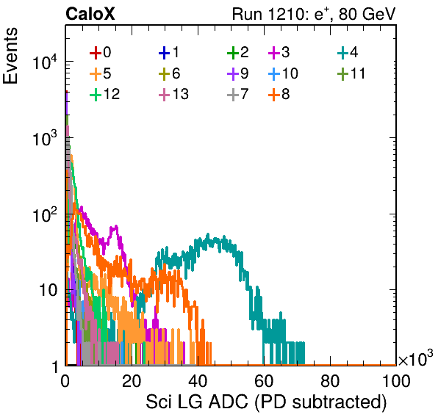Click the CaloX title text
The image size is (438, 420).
[x=90, y=14]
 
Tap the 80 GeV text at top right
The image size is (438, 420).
[x=367, y=14]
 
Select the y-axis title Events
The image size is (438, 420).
[x=10, y=56]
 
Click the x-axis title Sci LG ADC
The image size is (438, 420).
[x=197, y=402]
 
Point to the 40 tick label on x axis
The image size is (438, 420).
[x=198, y=381]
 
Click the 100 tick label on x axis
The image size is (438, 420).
[x=396, y=381]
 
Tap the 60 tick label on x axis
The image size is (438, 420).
[x=264, y=381]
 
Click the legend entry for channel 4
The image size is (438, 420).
[x=348, y=52]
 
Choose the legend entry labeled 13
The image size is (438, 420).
[x=173, y=94]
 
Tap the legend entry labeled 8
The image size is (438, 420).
[x=279, y=94]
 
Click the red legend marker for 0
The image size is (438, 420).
[x=96, y=53]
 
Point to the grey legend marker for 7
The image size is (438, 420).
[x=233, y=95]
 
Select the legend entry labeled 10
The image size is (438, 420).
[x=283, y=73]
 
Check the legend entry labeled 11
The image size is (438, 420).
[x=351, y=73]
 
